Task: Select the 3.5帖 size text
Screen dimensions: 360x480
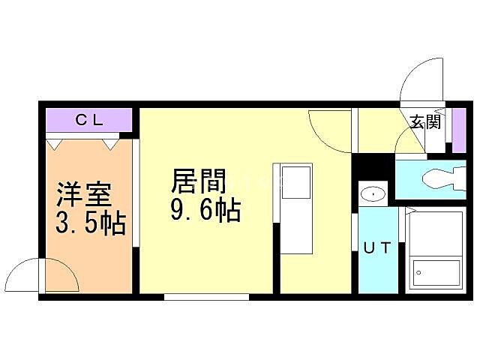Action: click(x=89, y=223)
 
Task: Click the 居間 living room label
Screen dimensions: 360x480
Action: click(x=199, y=182)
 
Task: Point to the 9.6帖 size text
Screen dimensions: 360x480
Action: click(x=205, y=211)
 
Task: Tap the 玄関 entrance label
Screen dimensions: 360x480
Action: click(x=424, y=121)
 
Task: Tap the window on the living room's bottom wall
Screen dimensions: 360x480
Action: click(x=206, y=297)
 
